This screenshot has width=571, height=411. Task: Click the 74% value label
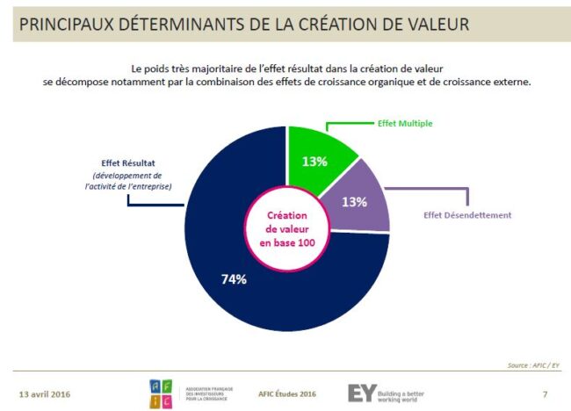233,279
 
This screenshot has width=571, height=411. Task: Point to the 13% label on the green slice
314,161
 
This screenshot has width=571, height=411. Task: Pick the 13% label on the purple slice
357,202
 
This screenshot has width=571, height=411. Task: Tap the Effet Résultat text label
129,160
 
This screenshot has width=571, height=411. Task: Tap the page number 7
545,392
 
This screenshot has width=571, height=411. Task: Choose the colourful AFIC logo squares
161,393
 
